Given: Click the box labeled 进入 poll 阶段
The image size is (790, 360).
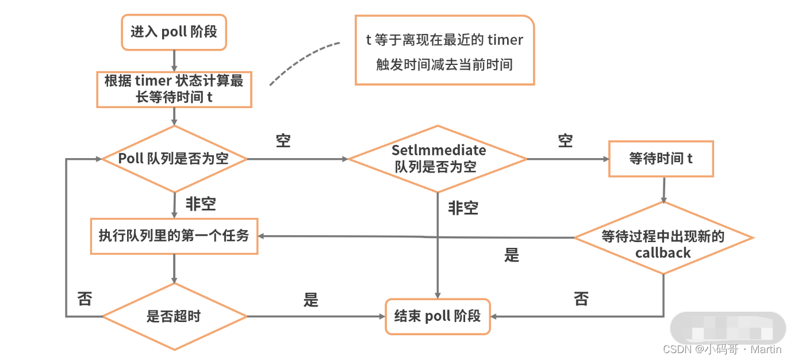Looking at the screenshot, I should click(174, 32).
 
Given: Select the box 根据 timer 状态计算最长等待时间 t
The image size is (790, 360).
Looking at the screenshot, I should click(174, 89).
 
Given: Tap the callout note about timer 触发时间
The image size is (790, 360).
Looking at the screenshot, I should click(444, 51).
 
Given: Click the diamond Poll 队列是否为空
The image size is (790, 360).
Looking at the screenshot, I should click(174, 159).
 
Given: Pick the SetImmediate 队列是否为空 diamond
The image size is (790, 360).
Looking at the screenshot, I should click(438, 159).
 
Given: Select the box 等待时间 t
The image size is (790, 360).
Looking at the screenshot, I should click(661, 159).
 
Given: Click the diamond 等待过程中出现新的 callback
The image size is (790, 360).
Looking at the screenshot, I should click(663, 244).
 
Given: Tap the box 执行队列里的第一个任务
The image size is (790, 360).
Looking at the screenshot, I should click(174, 236).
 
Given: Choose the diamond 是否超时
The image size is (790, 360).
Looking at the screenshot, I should click(174, 316).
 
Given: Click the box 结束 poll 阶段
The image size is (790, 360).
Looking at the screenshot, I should click(438, 316).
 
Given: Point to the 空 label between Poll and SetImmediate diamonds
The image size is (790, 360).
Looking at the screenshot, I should click(283, 141).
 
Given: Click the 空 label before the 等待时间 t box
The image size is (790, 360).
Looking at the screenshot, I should click(565, 141).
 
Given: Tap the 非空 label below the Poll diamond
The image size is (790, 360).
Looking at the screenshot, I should click(201, 204).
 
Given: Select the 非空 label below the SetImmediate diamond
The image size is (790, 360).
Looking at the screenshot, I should click(463, 208).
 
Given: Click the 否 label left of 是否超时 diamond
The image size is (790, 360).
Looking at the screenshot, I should click(85, 299).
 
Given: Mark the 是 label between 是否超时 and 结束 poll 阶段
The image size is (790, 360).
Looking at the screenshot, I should click(310, 300).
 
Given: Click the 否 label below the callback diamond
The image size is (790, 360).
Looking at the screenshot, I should click(581, 299).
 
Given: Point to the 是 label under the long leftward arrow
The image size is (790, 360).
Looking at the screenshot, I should click(512, 255).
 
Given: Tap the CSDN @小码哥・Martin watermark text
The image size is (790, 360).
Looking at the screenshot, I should click(722, 349).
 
